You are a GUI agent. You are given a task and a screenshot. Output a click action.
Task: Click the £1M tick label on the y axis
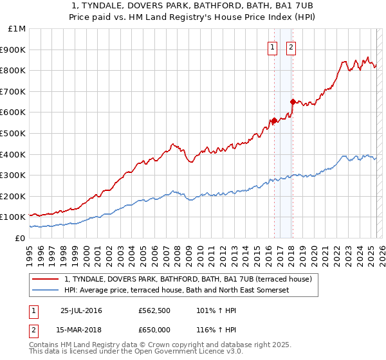[17, 29]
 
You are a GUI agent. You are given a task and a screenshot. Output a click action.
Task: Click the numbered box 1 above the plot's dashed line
[273, 47]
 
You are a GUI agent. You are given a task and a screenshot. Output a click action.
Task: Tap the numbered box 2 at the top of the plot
[291, 47]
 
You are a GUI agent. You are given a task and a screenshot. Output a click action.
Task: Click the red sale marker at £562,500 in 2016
[274, 120]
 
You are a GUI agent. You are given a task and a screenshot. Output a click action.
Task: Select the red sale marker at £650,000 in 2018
[293, 102]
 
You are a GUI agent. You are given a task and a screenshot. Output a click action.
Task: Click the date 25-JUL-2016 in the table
[81, 310]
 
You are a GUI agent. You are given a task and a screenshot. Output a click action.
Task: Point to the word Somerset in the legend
[273, 290]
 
